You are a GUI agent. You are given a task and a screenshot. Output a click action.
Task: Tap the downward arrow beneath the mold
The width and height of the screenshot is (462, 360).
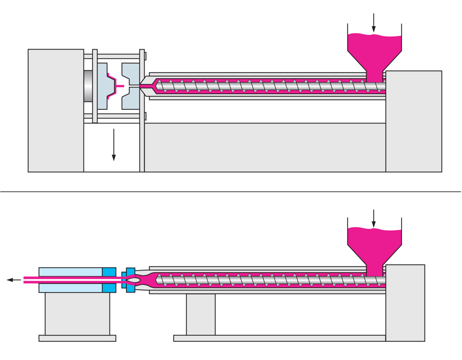[114, 145]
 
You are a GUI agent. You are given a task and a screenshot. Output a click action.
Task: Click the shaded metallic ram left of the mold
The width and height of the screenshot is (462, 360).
[88, 86]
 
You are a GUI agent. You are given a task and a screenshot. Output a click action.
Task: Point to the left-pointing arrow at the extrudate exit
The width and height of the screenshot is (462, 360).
[13, 280]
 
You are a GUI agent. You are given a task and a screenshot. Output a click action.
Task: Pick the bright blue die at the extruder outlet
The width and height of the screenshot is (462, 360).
[130, 280]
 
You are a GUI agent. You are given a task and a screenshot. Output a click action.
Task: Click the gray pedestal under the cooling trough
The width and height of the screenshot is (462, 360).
[77, 314]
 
